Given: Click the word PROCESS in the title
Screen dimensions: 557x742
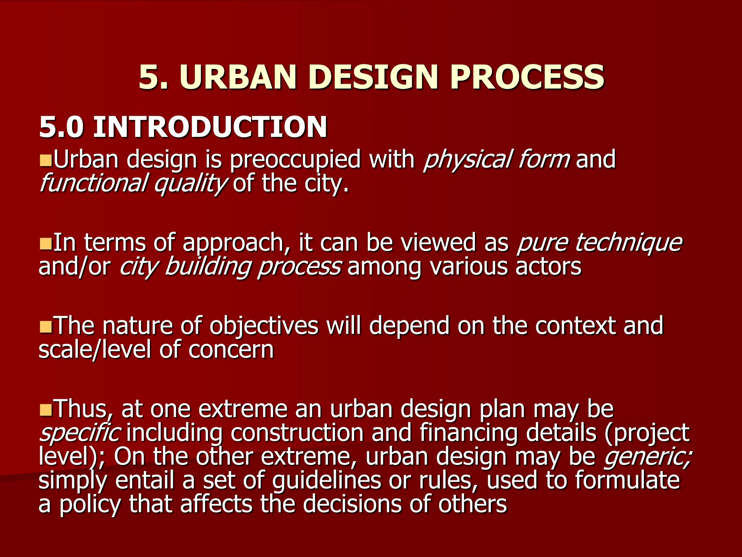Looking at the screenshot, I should click(527, 77).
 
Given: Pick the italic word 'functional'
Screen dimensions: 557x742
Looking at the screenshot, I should click(93, 183).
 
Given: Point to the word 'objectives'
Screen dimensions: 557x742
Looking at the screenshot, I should click(264, 326).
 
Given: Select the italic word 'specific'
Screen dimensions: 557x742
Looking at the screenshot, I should click(79, 433).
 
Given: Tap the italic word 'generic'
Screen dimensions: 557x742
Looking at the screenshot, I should click(647, 457).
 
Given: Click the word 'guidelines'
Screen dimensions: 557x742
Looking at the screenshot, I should click(326, 481).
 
